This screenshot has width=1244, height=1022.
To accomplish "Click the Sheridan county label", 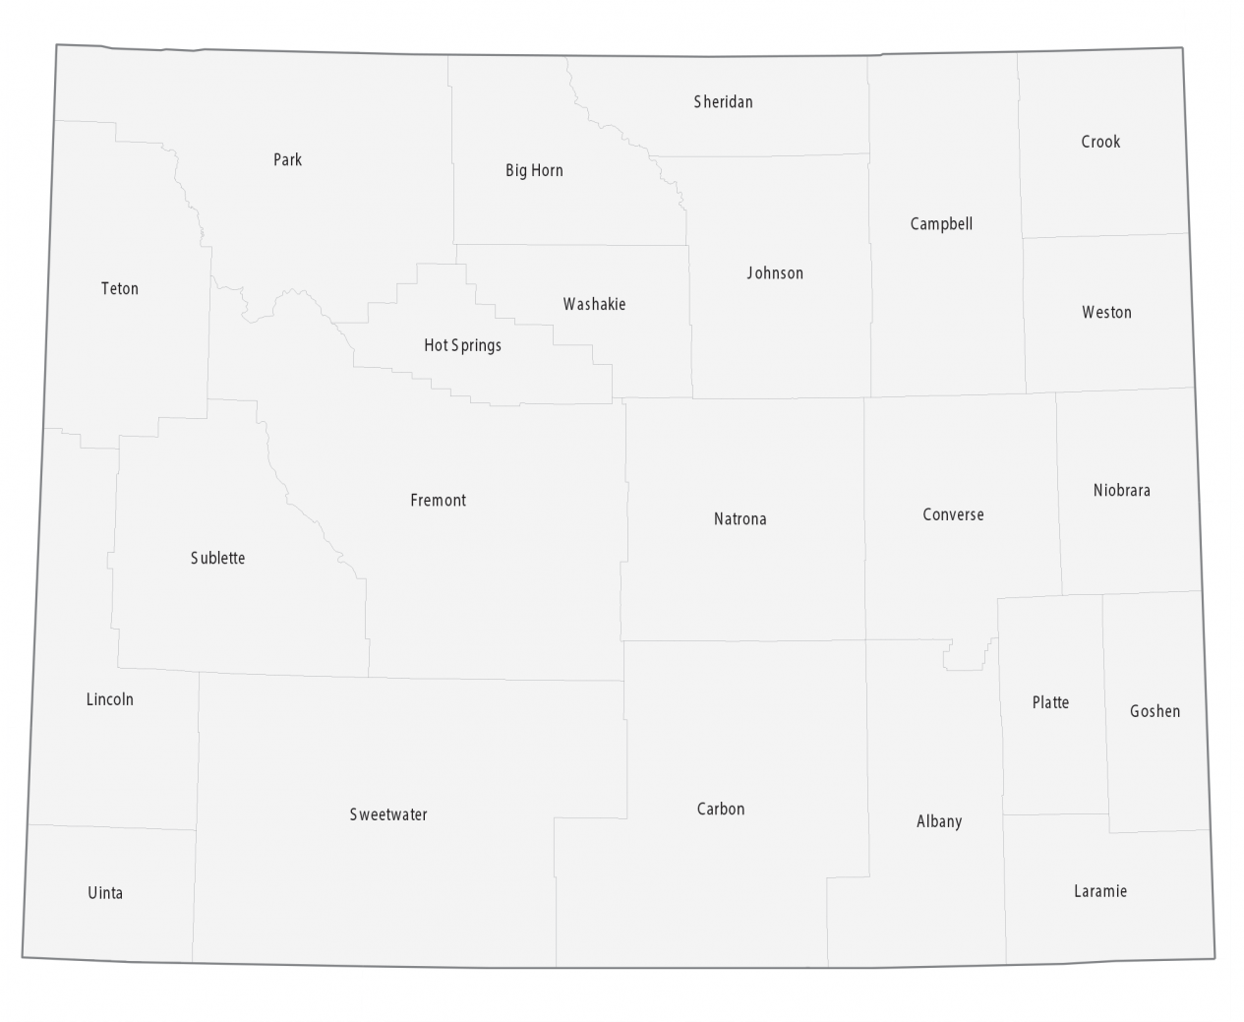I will (723, 101).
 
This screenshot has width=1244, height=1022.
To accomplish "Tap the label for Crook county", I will (1100, 142).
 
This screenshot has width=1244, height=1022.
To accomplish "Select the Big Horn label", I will (534, 170).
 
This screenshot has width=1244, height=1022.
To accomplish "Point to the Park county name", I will (287, 159).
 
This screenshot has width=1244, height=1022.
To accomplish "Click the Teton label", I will (120, 288).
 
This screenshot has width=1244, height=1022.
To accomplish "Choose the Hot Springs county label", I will (462, 345).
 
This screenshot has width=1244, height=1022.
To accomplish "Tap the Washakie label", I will (594, 304).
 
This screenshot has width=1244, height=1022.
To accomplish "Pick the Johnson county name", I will (775, 273).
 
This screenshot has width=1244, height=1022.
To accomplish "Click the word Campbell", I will (941, 224).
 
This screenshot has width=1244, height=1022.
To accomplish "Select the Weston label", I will (1106, 313).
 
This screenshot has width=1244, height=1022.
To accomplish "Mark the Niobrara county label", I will (1121, 490).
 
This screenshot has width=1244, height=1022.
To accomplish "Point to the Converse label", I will (953, 514).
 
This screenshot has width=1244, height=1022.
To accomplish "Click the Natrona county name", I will (740, 518).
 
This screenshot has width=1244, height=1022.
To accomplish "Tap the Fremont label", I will (438, 501).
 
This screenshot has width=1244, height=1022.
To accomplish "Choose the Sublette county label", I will (217, 558).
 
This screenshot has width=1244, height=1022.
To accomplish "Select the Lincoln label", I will (109, 699).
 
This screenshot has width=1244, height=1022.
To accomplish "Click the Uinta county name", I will (105, 893).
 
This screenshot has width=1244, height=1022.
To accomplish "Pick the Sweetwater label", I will (388, 814).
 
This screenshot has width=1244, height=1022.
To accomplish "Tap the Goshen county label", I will (1155, 711).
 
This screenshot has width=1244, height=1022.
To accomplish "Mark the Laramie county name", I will (1099, 891).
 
